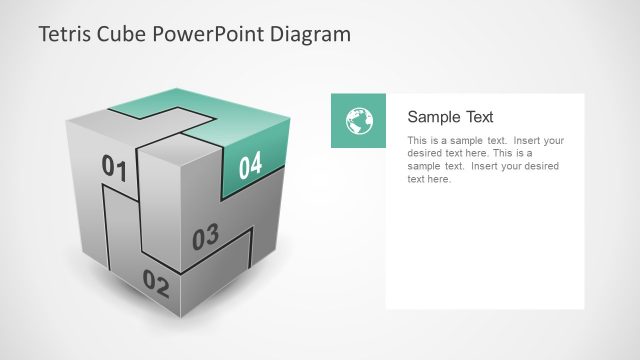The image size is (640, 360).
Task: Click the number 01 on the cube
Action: [x=115, y=168]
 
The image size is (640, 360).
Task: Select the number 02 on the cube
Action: [x=156, y=283]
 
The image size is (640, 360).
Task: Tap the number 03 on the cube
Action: [x=204, y=238]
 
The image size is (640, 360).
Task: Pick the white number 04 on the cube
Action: [x=250, y=164]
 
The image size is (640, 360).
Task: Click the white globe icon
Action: [x=358, y=121]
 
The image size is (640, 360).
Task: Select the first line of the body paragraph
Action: [x=486, y=141]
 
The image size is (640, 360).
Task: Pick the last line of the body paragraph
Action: [x=430, y=180]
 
